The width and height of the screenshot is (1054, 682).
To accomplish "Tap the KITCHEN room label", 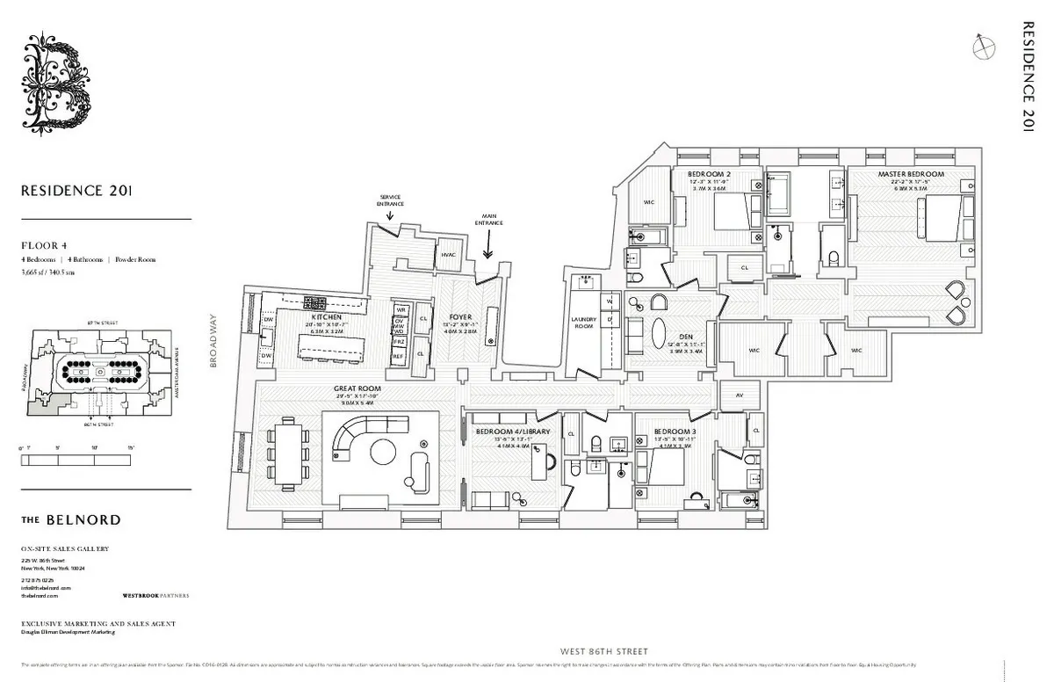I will coord(325,316).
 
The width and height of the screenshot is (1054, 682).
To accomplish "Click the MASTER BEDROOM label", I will coord(911,174).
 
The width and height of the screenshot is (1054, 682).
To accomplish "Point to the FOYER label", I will coord(460,316).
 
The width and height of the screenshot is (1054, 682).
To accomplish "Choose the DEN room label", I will coord(674,336).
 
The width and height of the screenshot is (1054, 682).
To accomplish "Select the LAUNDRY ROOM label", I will coord(583,323).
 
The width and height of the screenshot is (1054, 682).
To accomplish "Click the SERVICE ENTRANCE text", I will coord(391,200).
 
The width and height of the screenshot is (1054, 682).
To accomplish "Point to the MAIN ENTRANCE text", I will coord(488,220).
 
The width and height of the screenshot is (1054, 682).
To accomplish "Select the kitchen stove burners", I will coord(314,303).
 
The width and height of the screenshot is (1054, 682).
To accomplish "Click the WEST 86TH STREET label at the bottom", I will coord(603,651).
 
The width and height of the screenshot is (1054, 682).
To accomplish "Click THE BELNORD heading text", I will coord(71,519).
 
